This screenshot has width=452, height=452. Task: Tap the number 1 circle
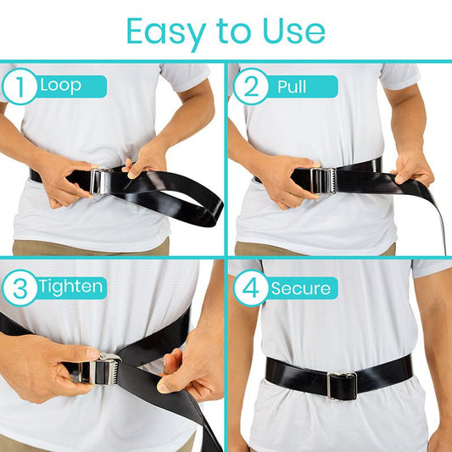(x=19, y=86)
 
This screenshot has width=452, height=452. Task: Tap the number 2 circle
(x=250, y=86)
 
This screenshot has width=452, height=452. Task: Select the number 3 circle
(x=19, y=287)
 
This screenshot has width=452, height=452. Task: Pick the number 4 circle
(x=250, y=288)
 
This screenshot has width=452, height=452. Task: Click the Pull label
(x=293, y=86)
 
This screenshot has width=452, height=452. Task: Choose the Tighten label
(x=70, y=287)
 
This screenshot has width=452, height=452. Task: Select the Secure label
(x=301, y=288)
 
